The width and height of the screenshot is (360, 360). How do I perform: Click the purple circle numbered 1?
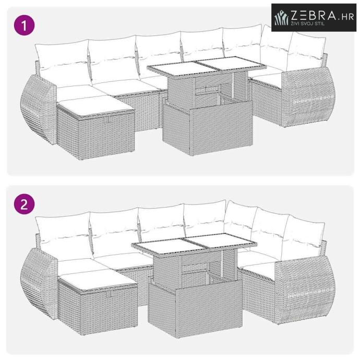coord(25,25)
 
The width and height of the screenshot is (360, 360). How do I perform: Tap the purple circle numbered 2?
coord(25,204)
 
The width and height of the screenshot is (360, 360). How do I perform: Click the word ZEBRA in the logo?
coord(314,15)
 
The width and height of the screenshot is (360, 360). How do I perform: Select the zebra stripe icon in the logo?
coord(282,18)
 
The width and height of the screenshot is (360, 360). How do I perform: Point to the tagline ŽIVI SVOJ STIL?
coord(308,23)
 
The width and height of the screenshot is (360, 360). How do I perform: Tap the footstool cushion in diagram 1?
coord(95,106)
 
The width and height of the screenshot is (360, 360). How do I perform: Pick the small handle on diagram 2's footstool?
coord(111,293)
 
